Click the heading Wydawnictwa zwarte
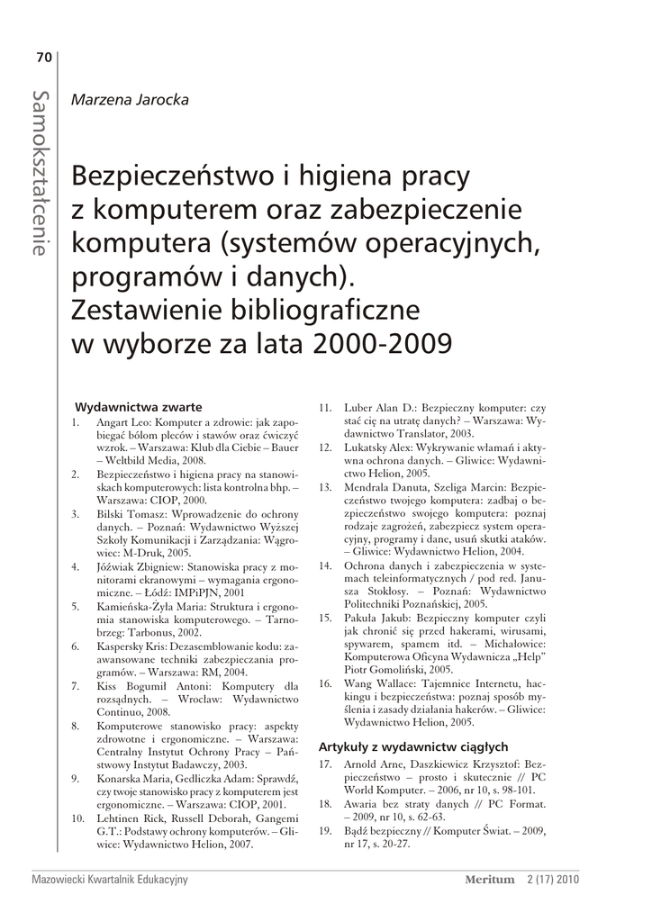(138, 406)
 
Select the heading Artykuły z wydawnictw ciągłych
(413, 746)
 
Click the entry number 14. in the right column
(326, 565)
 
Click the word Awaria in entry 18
(363, 802)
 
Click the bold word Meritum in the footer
(489, 880)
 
